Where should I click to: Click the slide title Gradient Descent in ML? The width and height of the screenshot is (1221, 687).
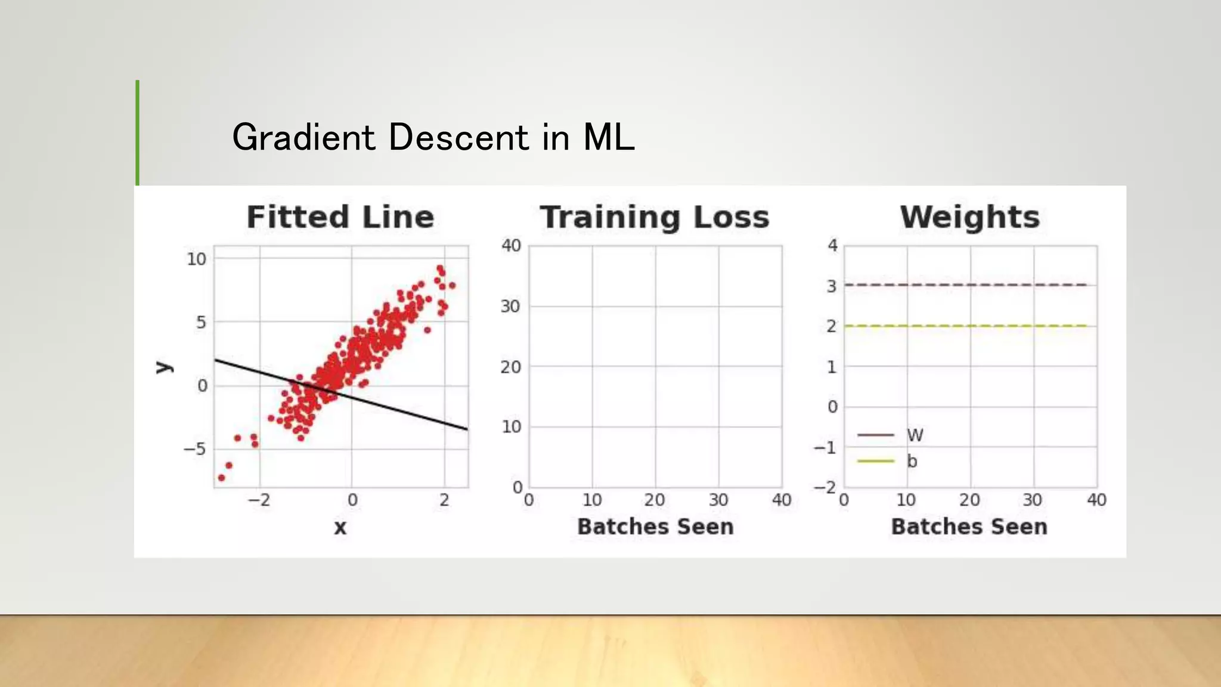[x=433, y=137]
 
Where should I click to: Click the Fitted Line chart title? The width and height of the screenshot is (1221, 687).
[x=340, y=217]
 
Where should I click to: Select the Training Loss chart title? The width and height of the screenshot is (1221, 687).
[x=655, y=217]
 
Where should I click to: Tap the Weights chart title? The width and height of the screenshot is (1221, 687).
[x=970, y=217]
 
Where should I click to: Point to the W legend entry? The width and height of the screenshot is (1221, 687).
[x=915, y=435]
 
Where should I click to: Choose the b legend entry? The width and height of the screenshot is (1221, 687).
[x=912, y=461]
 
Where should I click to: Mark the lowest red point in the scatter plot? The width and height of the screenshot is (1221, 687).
[x=221, y=478]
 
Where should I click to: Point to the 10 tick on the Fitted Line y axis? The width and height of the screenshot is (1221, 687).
[x=196, y=259]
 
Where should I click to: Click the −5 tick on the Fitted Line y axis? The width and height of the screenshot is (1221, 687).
[x=194, y=448]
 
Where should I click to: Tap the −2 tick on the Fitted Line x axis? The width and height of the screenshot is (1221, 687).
[x=259, y=500]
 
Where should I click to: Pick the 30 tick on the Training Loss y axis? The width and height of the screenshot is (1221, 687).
[x=510, y=307]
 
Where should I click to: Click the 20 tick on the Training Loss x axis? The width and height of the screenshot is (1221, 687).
[x=655, y=500]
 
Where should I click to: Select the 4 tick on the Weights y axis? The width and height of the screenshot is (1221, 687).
[x=832, y=245]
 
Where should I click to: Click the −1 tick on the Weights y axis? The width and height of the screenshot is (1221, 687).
[x=826, y=447]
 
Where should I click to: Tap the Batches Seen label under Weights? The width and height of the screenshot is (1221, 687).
[x=969, y=527]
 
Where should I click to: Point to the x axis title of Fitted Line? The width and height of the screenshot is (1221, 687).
[x=340, y=527]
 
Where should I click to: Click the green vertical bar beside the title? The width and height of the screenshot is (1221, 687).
[x=138, y=132]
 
